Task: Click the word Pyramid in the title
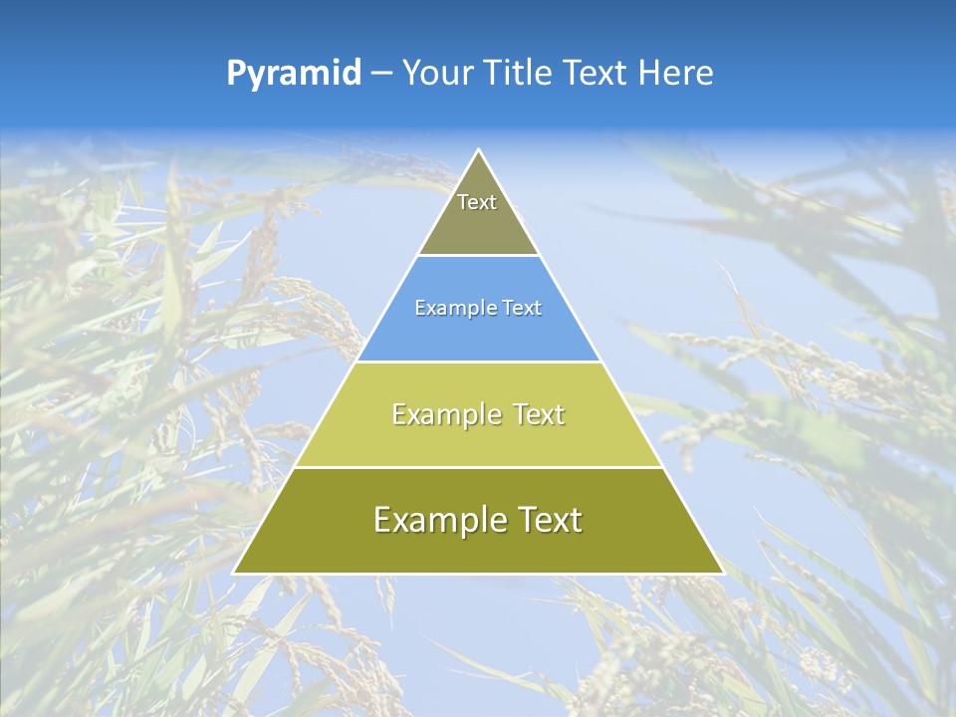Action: coord(293,74)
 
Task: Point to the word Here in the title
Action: coord(675,73)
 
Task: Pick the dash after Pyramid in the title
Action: coord(381,74)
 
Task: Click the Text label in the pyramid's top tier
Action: coord(477,202)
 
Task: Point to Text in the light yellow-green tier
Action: coord(535,414)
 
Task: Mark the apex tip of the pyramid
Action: coord(479,150)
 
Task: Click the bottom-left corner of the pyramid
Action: coord(234,573)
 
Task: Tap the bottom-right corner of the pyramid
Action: coord(723,573)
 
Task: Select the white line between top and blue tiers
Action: coord(479,255)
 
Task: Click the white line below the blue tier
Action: coord(479,361)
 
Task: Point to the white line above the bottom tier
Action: coord(479,467)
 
